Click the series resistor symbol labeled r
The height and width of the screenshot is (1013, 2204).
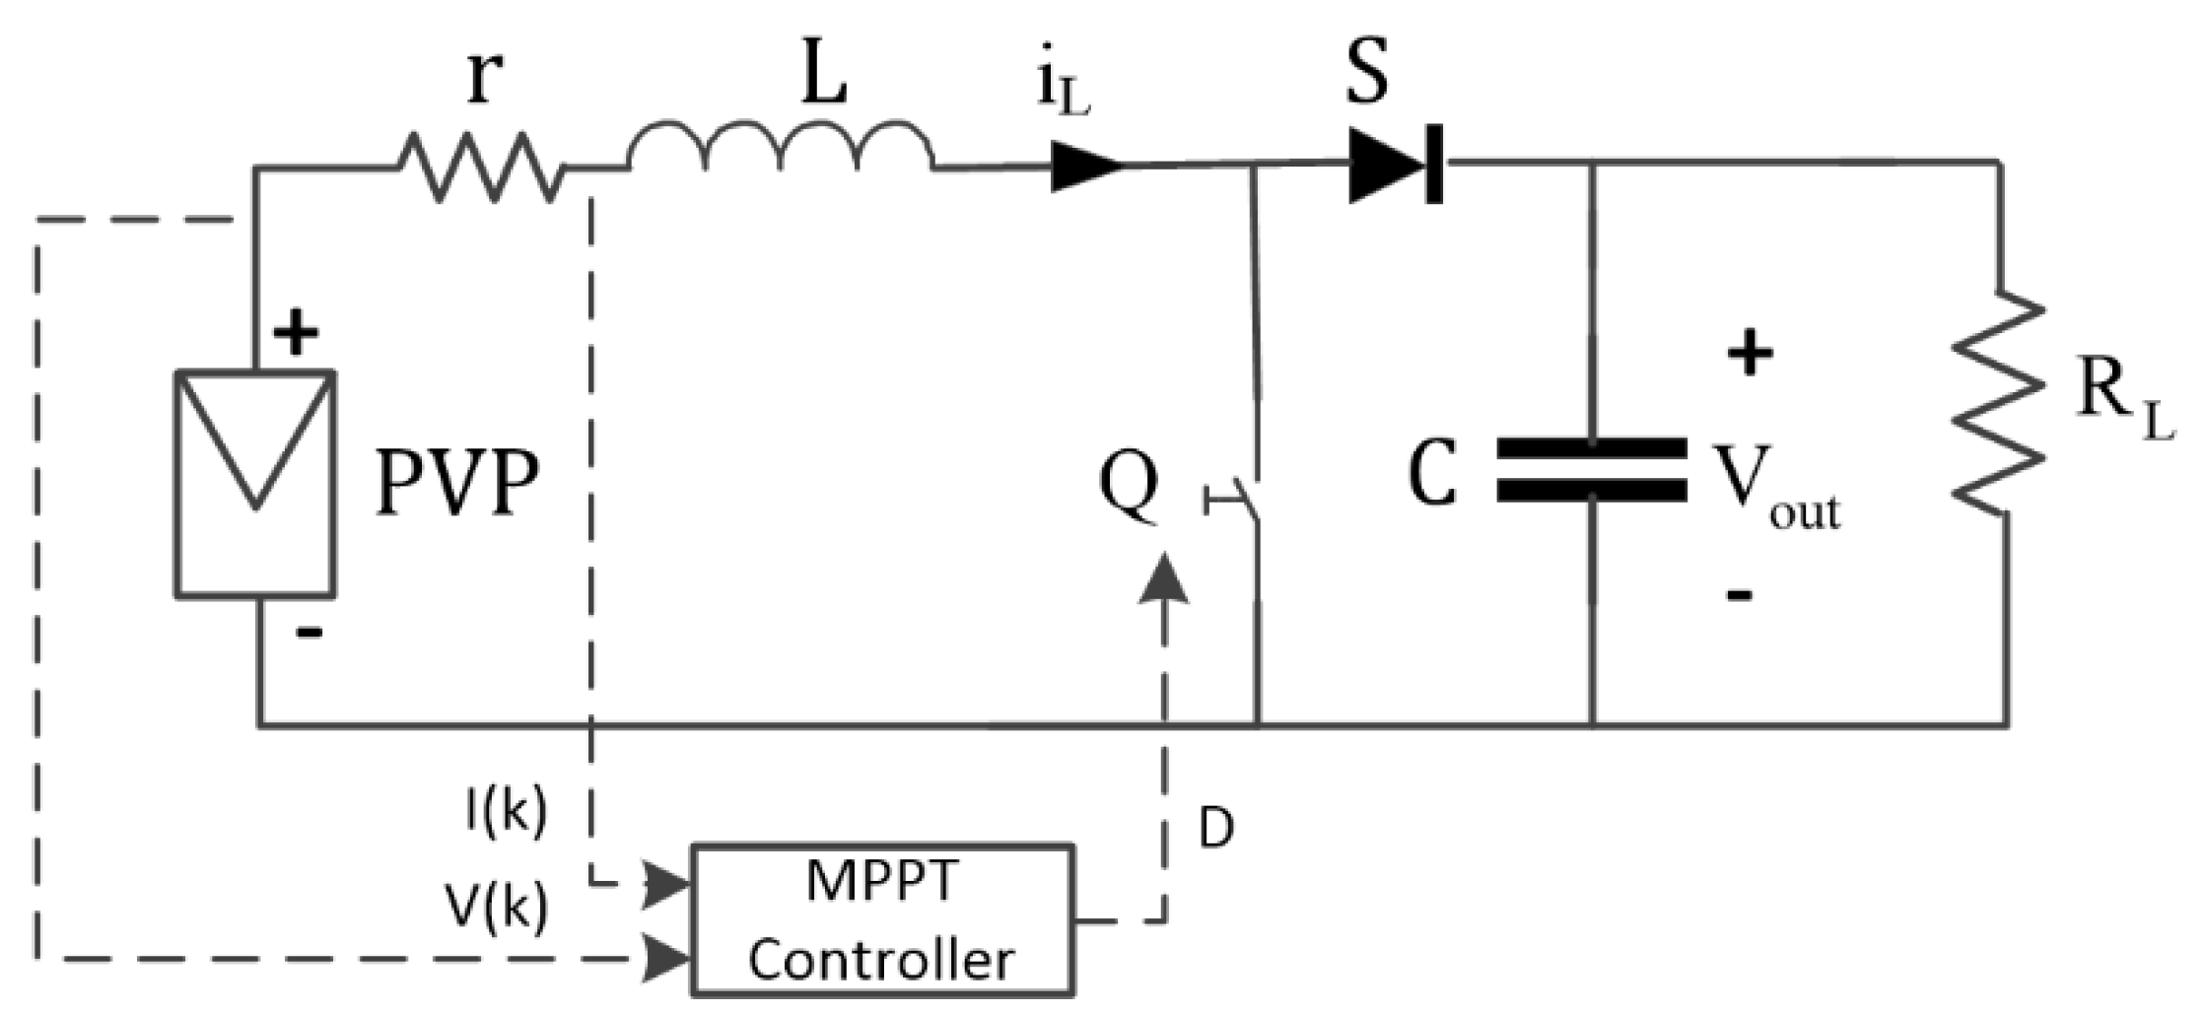tap(481, 169)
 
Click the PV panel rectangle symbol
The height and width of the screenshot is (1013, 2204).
tap(255, 484)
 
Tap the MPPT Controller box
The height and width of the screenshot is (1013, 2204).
tap(881, 919)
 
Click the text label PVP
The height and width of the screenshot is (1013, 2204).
tap(458, 484)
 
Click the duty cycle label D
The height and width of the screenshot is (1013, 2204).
tap(1216, 830)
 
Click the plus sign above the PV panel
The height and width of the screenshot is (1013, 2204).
tap(295, 334)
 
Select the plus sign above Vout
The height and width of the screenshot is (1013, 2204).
tap(1750, 354)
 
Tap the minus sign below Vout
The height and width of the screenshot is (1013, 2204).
tap(1740, 594)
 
